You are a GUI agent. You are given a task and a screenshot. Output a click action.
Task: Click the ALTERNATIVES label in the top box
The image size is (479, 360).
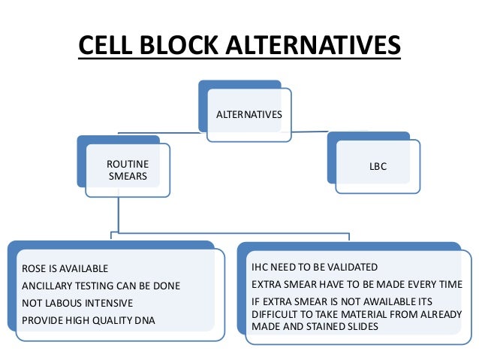pyautogui.click(x=249, y=115)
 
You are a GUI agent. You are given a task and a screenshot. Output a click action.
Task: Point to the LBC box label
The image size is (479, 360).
pyautogui.click(x=378, y=166)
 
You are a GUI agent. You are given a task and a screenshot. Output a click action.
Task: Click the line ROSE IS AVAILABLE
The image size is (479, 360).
pyautogui.click(x=63, y=268)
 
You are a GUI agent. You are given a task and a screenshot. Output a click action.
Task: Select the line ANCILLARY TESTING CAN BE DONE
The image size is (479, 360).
pyautogui.click(x=98, y=286)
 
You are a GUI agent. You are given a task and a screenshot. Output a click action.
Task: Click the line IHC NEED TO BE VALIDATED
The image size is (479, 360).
pyautogui.click(x=315, y=267)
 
